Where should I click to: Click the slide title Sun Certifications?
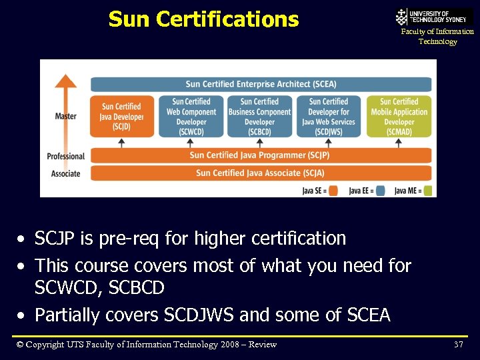click(203, 19)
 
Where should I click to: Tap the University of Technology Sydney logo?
click(434, 17)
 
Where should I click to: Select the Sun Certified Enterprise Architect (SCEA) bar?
click(261, 84)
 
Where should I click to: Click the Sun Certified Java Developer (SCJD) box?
click(121, 116)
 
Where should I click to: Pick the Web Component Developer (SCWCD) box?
click(191, 117)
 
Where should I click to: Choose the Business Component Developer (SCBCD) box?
click(259, 117)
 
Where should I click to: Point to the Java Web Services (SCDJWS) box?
click(329, 117)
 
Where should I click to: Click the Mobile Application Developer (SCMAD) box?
click(399, 117)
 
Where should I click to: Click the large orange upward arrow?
click(65, 107)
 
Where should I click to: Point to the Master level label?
click(65, 116)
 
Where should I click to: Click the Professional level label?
click(65, 157)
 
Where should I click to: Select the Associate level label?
click(65, 174)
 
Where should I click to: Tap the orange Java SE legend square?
click(333, 191)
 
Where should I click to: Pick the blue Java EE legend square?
click(380, 191)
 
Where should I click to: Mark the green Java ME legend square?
click(428, 191)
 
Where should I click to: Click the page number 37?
click(458, 345)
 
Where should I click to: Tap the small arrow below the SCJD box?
click(121, 143)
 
